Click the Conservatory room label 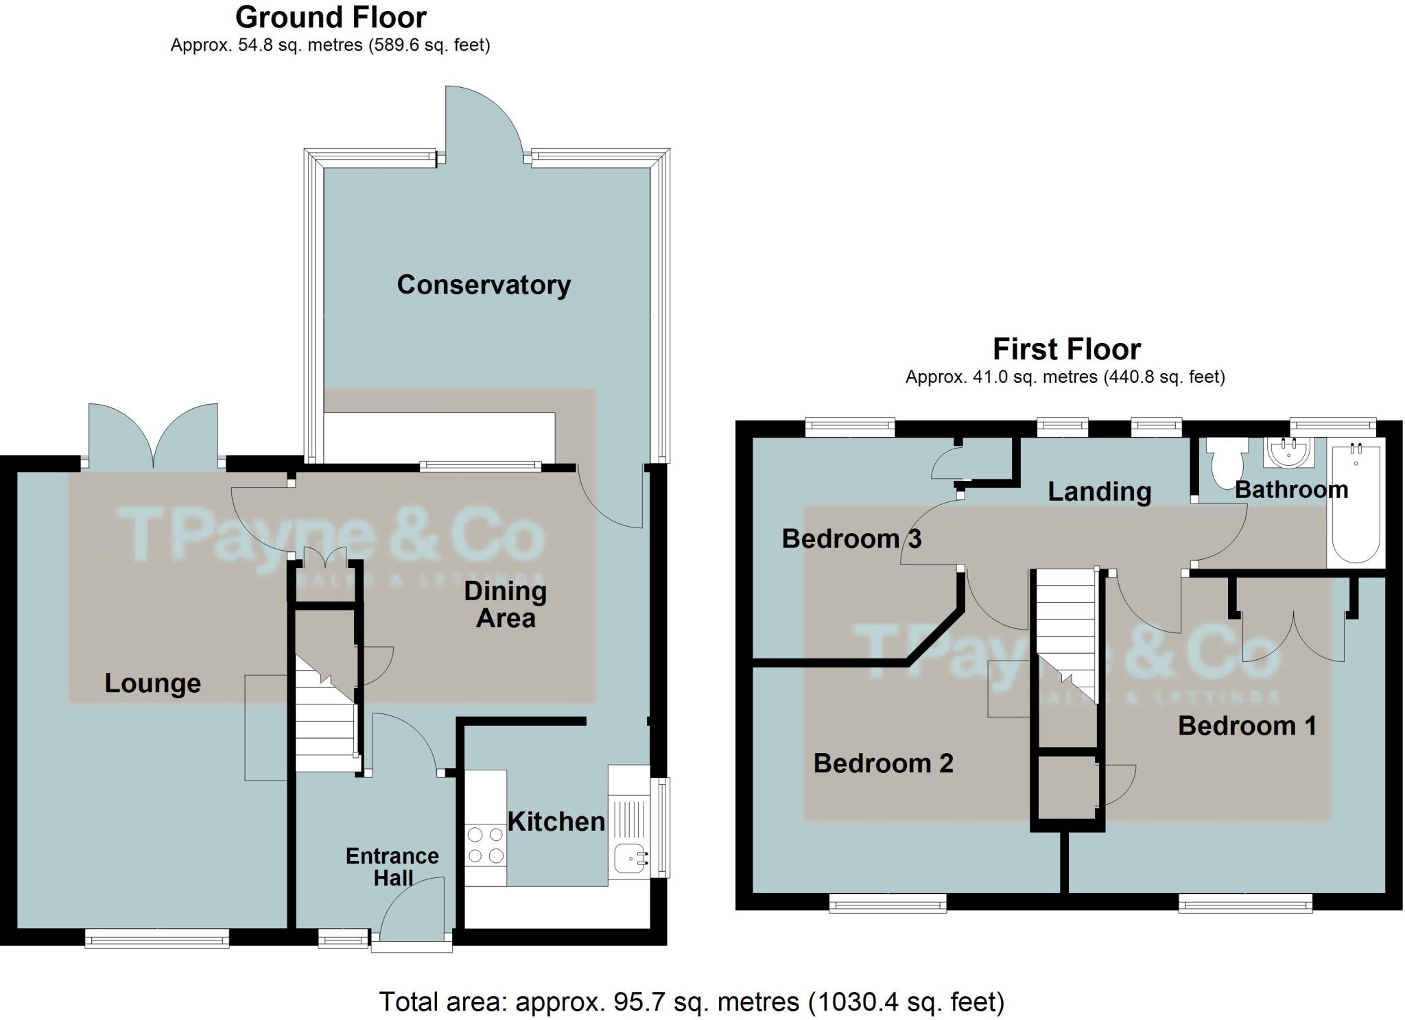(x=484, y=285)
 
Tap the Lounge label (x=152, y=683)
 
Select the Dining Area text (x=506, y=604)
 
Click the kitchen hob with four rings (x=486, y=845)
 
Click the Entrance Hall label (x=392, y=867)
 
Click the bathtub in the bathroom (x=1356, y=504)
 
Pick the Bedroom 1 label (x=1247, y=726)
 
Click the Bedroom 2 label (x=883, y=763)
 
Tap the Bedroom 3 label (x=851, y=539)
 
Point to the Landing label (x=1099, y=492)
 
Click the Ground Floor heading (x=331, y=17)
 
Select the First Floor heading (x=1066, y=349)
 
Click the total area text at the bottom (x=692, y=1002)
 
